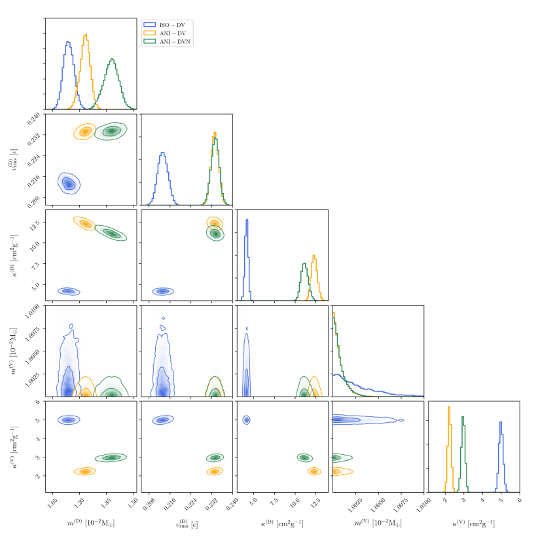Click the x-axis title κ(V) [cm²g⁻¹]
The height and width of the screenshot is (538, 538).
[x=473, y=524]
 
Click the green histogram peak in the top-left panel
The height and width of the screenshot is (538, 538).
[x=112, y=60]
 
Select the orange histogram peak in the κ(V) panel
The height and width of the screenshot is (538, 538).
[x=449, y=408]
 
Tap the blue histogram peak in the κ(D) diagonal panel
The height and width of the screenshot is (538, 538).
[x=247, y=220]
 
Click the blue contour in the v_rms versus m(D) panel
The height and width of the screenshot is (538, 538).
[x=68, y=183]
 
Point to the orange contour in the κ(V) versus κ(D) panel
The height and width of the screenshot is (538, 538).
[x=314, y=471]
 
